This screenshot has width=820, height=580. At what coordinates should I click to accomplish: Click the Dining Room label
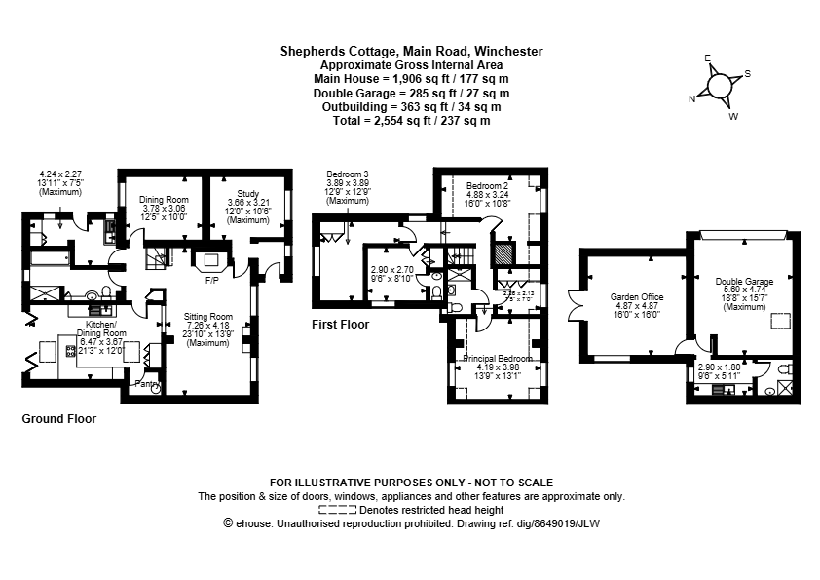[x=164, y=200]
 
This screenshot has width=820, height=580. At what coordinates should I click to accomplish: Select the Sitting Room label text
[x=208, y=317]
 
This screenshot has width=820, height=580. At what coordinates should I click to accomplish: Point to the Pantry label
[x=147, y=384]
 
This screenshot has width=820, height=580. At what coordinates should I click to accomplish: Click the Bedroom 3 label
[x=348, y=174]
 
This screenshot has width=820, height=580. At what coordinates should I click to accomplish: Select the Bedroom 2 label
[x=488, y=185]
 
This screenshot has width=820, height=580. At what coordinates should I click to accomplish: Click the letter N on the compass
[x=692, y=98]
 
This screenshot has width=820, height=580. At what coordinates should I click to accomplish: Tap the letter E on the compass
[x=709, y=58]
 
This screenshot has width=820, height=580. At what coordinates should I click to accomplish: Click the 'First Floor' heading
[x=340, y=324]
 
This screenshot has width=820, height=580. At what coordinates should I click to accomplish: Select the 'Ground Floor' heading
[x=58, y=418]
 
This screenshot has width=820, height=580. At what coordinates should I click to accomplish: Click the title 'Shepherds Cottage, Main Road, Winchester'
[x=411, y=51]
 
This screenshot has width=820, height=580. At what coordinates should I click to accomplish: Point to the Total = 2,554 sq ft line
[x=411, y=121]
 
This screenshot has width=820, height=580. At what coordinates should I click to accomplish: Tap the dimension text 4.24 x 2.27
[x=59, y=174]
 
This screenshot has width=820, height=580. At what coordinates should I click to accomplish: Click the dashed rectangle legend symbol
[x=338, y=510]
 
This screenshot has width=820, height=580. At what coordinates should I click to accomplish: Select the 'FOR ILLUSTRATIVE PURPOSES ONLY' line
[x=411, y=483]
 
